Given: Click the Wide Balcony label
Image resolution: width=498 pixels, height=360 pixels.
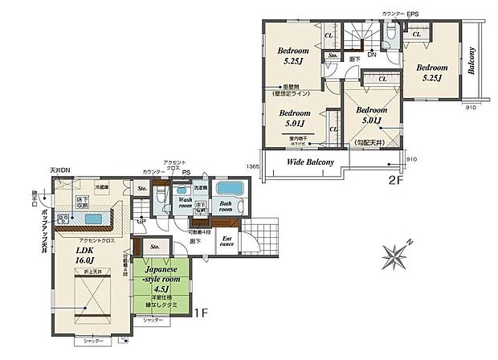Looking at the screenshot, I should (304, 166).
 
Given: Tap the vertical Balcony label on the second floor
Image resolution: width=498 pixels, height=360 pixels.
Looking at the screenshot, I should (472, 60).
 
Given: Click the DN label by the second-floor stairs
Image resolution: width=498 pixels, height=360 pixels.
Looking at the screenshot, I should (371, 54).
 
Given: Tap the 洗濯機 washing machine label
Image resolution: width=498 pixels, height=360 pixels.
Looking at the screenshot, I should (198, 186).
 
